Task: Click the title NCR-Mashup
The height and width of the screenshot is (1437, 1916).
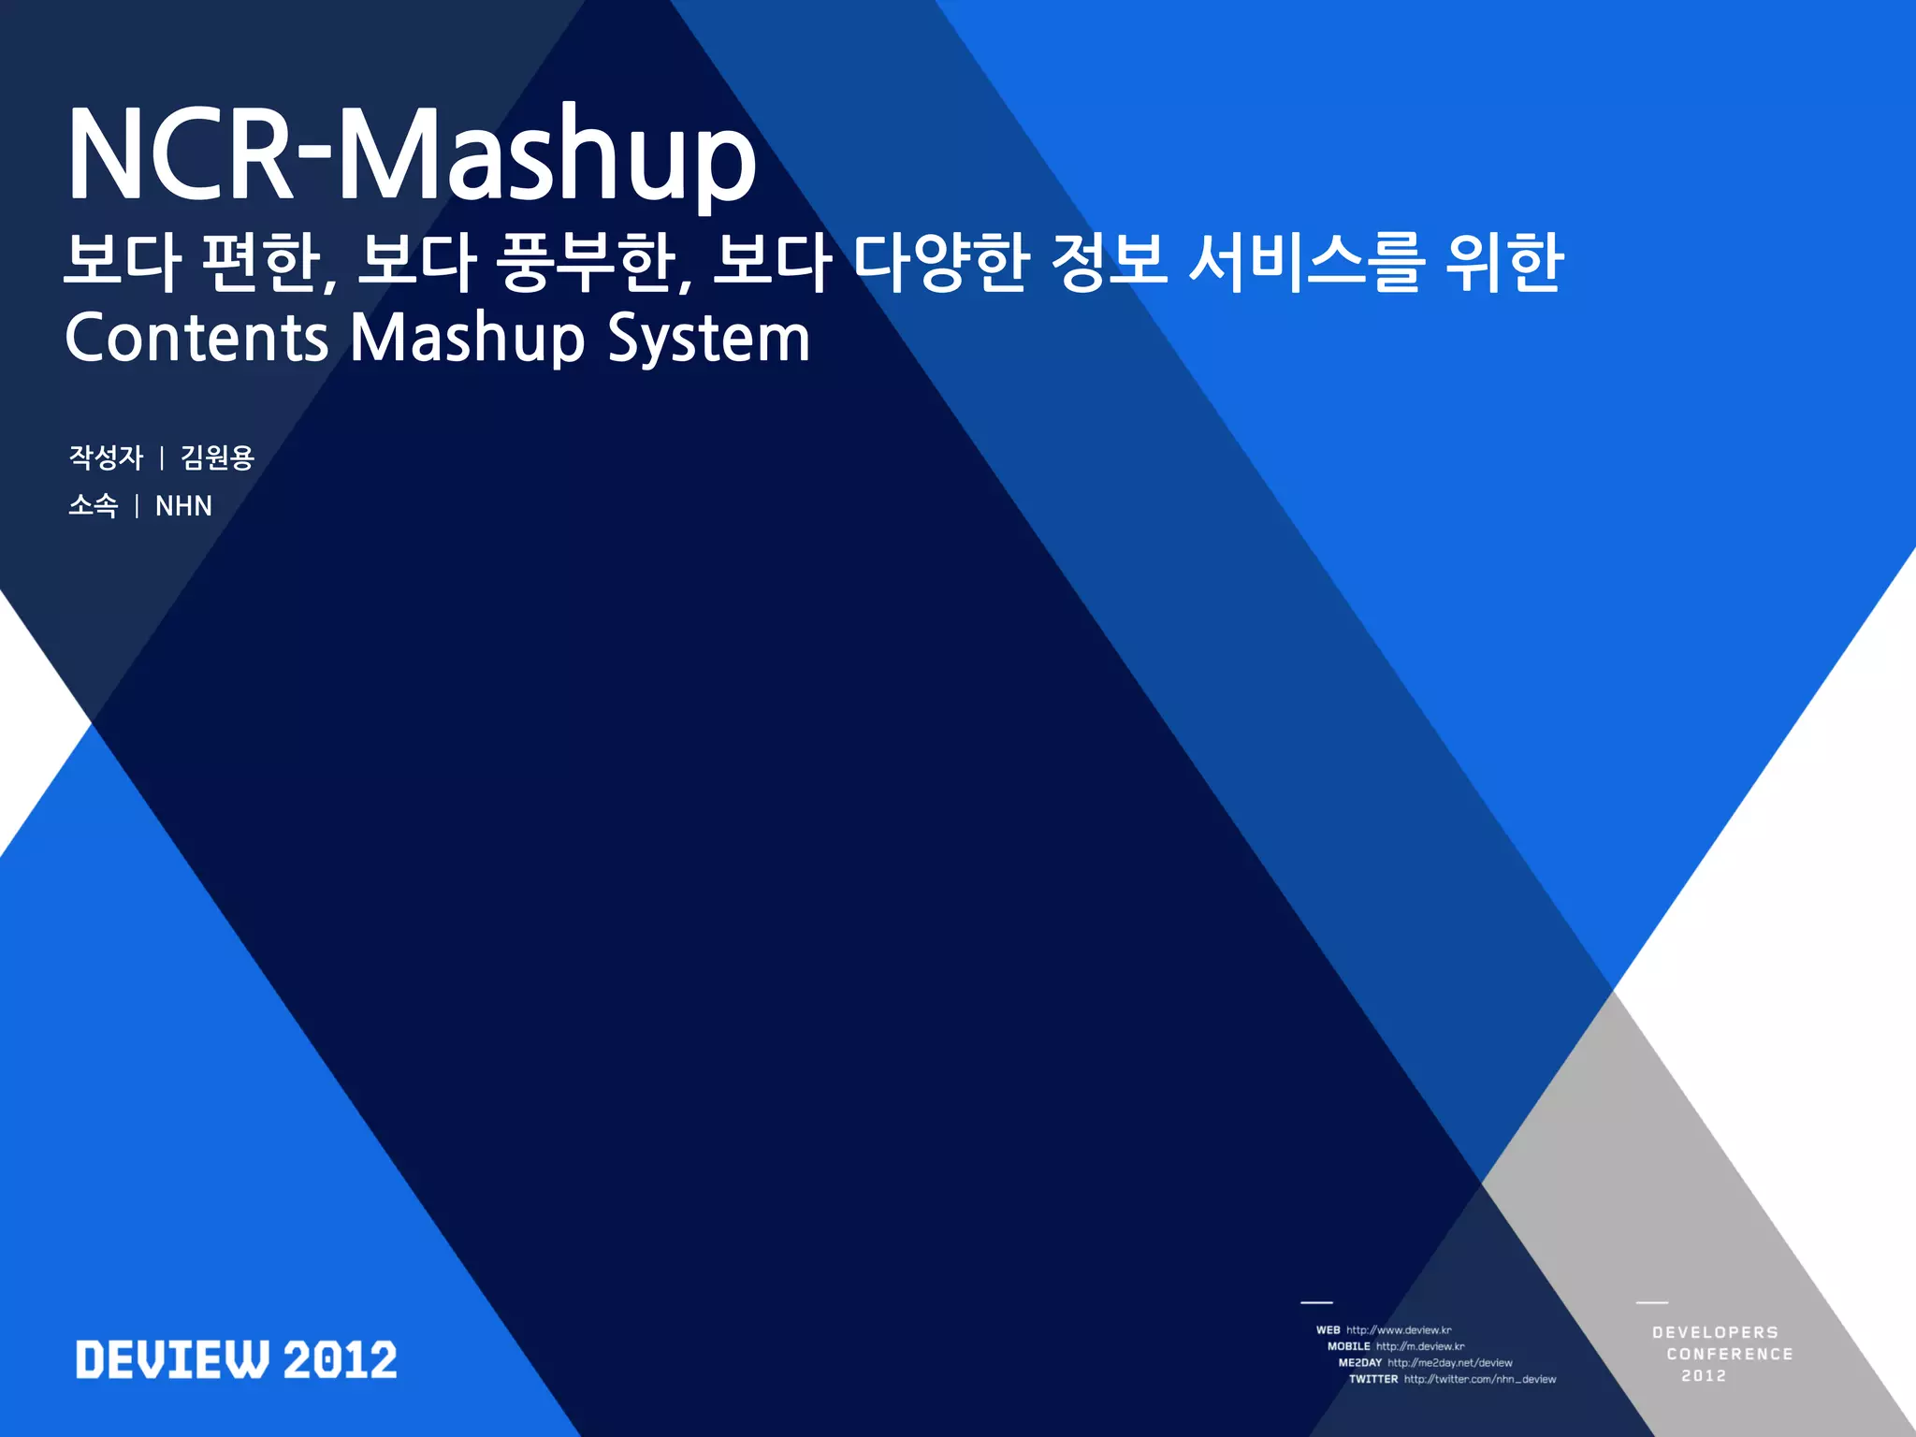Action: coord(412,154)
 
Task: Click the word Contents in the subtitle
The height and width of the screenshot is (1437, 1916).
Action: coord(196,338)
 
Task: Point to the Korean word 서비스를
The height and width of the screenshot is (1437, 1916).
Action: coord(1306,263)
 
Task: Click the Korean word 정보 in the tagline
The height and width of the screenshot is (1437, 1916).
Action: coord(1108,263)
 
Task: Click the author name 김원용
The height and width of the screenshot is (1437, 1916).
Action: coord(217,457)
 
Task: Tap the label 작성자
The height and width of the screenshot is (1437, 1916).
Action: coord(106,457)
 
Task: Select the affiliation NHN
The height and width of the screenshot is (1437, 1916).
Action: coord(183,506)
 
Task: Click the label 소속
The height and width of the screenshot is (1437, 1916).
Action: coord(94,506)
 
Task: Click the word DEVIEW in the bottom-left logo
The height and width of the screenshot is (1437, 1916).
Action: coord(173,1359)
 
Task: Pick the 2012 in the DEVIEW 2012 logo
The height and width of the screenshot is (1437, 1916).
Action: coord(341,1359)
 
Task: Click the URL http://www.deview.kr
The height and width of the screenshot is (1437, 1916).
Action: coord(1399,1329)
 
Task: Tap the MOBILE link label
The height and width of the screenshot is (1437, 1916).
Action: coord(1348,1346)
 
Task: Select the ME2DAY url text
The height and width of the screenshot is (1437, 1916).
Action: coord(1449,1363)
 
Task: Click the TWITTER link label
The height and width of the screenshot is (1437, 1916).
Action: coord(1372,1379)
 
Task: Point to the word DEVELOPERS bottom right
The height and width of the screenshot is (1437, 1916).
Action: coord(1715,1332)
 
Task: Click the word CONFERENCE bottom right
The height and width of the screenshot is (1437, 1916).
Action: coord(1729,1354)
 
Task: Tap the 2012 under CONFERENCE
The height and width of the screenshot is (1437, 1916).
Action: coord(1704,1375)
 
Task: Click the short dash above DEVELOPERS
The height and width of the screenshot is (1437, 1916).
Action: coord(1652,1302)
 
